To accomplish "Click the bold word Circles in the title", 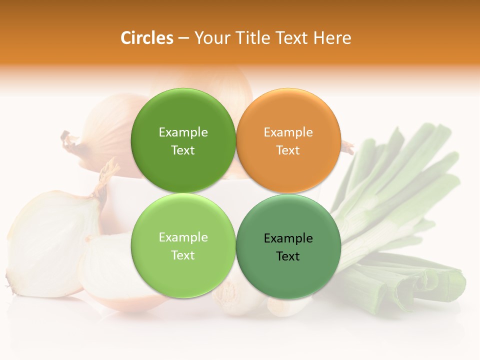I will point(146,38).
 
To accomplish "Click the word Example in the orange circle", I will point(288,132).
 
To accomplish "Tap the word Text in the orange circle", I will point(288,150).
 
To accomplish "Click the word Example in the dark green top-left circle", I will point(183,132).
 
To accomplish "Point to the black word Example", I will point(288,238).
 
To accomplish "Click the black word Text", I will point(288,256).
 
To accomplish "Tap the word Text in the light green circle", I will point(183,255).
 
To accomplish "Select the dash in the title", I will point(183,38).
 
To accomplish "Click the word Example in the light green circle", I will point(183,237).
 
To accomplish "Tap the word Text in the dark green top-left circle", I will point(183,150).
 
